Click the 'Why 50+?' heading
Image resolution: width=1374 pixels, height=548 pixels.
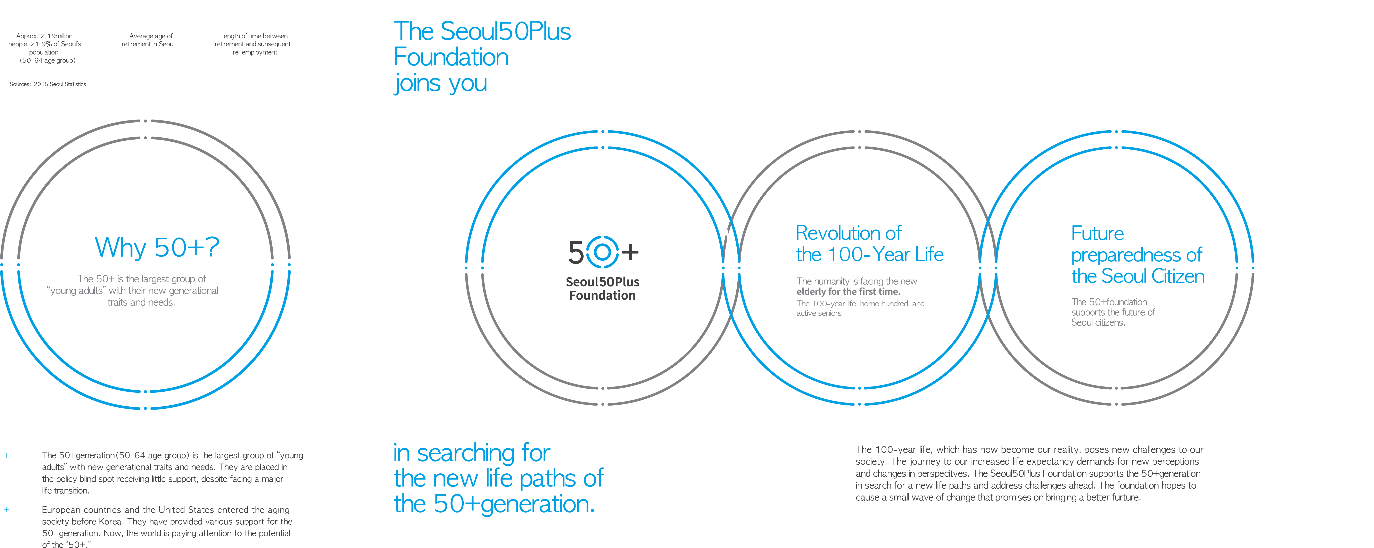click(157, 248)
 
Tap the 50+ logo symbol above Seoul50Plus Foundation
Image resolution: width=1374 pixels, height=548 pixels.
click(603, 252)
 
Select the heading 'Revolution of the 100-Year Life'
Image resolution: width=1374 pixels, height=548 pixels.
click(869, 244)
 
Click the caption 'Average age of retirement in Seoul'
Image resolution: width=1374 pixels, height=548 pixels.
click(148, 40)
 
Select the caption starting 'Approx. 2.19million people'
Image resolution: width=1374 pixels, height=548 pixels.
click(45, 48)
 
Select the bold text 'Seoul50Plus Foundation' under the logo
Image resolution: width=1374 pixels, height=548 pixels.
click(603, 289)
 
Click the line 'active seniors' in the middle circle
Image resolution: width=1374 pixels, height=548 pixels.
click(819, 313)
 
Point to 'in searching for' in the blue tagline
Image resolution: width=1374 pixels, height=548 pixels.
click(472, 453)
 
